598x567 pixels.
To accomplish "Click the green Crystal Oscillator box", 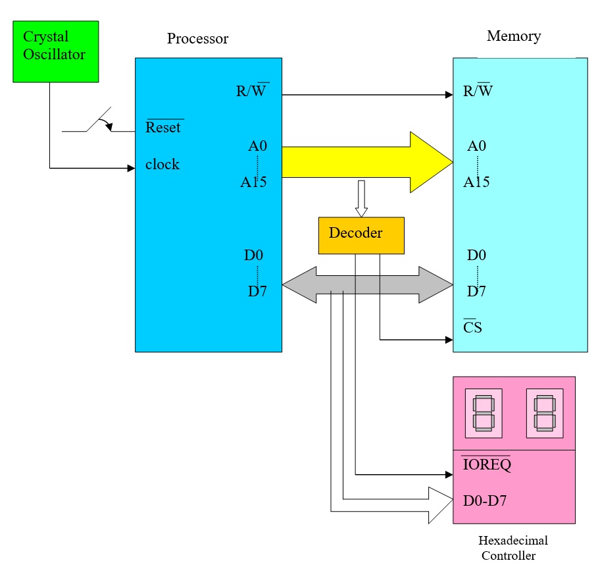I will click(56, 51).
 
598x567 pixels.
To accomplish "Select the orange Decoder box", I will click(361, 235).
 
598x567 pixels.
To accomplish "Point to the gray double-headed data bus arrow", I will click(367, 284).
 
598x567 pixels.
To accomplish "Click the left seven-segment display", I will click(484, 413).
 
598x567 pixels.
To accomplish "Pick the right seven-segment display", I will click(544, 413).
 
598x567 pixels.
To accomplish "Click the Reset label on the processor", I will click(163, 128).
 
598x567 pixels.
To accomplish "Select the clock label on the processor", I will click(162, 165).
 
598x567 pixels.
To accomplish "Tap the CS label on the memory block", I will click(472, 327).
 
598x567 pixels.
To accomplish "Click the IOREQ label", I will click(486, 465).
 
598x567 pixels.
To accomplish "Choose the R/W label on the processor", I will click(252, 90).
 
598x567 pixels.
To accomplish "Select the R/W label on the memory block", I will click(478, 90).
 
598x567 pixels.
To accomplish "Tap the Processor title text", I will click(197, 38).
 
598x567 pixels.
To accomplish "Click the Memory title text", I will click(514, 36).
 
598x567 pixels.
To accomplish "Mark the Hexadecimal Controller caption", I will click(513, 548).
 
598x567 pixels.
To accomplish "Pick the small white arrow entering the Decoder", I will click(361, 198).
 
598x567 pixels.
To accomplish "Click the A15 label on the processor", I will click(253, 182).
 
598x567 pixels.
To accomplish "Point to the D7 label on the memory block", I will click(477, 290).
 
